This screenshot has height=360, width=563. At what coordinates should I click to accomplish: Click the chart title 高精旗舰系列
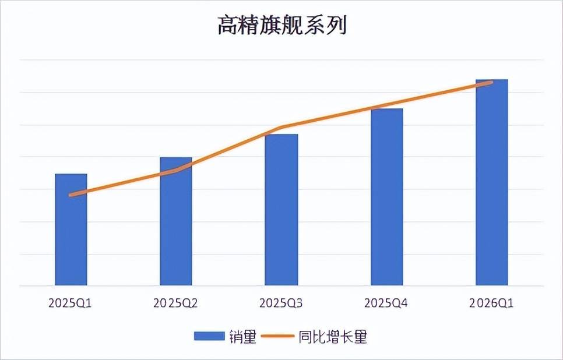tap(281, 26)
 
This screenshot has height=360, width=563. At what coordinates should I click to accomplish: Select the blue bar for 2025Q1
tap(71, 230)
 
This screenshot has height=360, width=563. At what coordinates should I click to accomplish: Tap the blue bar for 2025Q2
tap(176, 222)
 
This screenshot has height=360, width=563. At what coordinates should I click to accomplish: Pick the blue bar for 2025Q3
tap(281, 210)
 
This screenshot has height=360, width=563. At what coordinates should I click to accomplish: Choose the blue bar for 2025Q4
tap(386, 197)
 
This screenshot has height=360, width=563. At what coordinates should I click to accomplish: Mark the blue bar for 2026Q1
tap(491, 183)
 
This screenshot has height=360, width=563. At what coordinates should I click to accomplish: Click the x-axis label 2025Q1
tap(71, 303)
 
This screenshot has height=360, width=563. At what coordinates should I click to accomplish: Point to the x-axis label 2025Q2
tap(175, 303)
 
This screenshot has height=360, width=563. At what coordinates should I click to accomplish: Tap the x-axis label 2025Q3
tap(281, 303)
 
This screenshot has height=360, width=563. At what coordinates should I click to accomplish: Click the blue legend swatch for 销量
tap(209, 336)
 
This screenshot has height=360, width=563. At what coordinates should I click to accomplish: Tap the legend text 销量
tap(242, 336)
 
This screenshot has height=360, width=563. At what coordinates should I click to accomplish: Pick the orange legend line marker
tap(278, 336)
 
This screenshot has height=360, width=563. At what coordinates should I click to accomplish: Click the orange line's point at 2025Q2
tap(176, 171)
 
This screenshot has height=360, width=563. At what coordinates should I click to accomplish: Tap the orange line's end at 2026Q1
tap(491, 82)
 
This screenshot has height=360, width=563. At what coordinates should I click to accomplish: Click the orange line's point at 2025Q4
tap(386, 105)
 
